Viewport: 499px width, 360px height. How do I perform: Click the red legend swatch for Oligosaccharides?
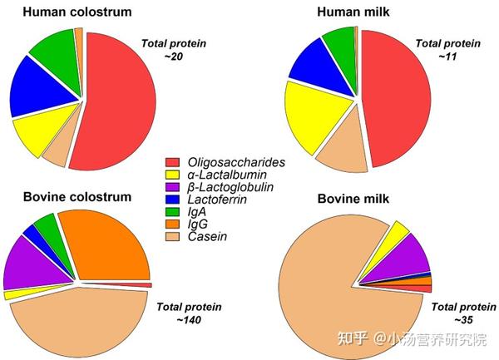172,162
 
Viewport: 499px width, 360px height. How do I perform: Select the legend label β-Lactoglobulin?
230,187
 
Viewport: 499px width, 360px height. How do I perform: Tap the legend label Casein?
207,237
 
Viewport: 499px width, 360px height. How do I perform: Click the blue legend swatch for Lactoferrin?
172,200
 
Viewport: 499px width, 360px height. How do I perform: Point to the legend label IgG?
198,224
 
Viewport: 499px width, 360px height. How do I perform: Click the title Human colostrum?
77,12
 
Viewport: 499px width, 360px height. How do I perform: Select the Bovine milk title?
353,199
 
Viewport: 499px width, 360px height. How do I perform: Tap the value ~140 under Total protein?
189,319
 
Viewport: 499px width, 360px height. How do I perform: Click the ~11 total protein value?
447,57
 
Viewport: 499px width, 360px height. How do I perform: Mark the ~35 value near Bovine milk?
463,319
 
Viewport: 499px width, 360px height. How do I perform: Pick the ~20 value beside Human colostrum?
174,57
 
